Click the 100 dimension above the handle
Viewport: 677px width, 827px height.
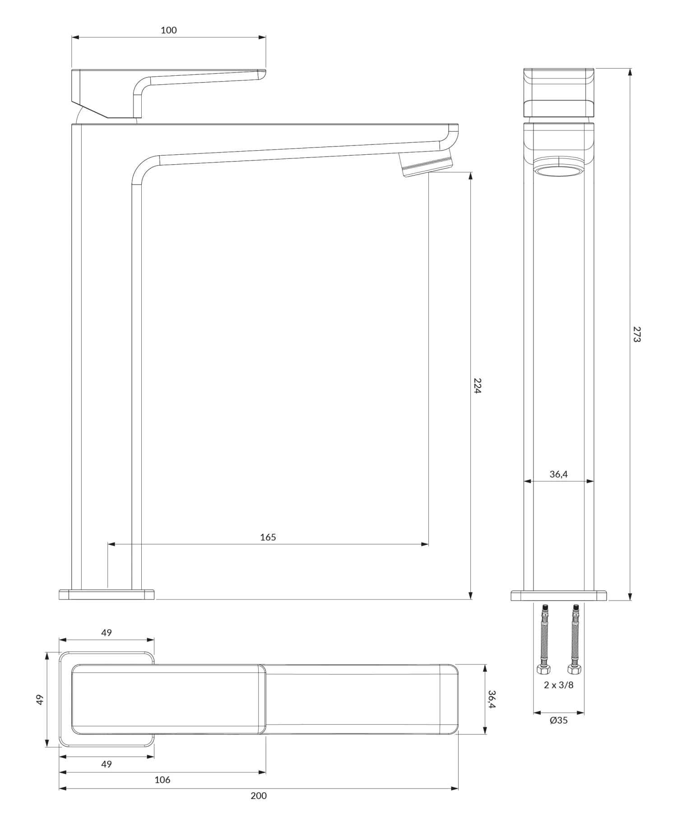coord(168,30)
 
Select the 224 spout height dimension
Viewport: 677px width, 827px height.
coord(478,386)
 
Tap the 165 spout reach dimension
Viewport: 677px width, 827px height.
coord(268,537)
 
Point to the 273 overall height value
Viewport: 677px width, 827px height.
coord(636,334)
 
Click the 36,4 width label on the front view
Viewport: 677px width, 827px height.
coord(558,474)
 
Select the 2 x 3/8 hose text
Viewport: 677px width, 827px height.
coord(559,685)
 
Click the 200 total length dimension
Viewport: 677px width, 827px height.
coord(259,796)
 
